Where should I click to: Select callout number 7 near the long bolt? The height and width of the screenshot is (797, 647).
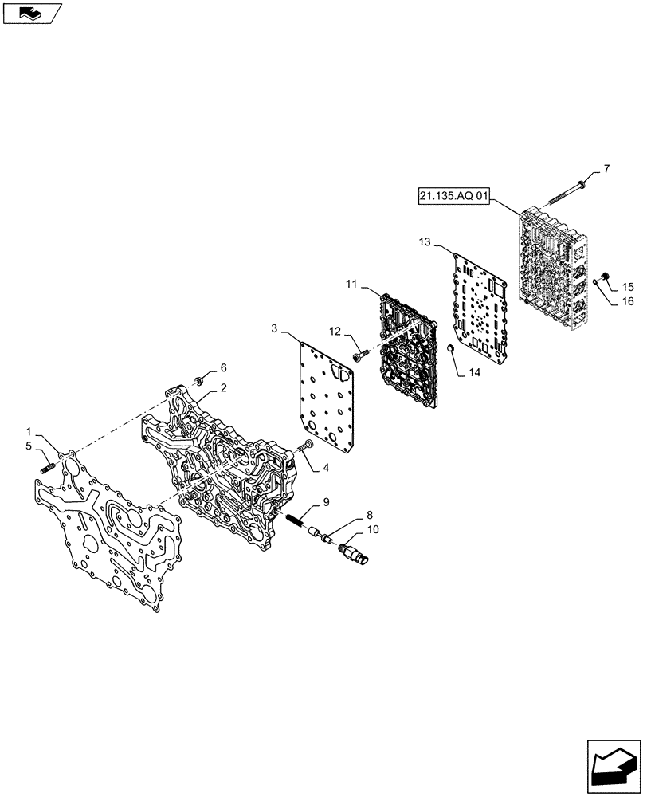pos(606,169)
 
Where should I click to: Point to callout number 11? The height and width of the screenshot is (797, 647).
pos(351,284)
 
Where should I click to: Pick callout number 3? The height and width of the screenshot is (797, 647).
pos(273,328)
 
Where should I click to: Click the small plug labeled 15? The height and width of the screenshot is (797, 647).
pos(605,277)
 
